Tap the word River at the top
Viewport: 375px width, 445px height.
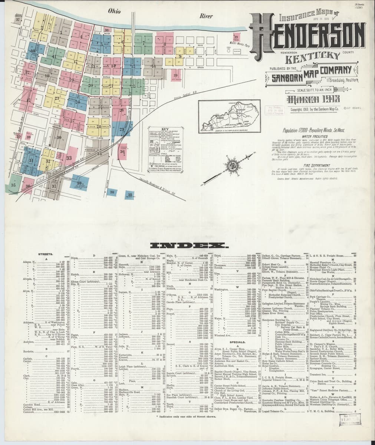pyautogui.click(x=206, y=16)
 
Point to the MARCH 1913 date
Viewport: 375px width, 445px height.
pyautogui.click(x=308, y=99)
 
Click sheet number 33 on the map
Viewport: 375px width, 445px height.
pyautogui.click(x=69, y=158)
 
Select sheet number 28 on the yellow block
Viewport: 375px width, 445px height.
pyautogui.click(x=99, y=126)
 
